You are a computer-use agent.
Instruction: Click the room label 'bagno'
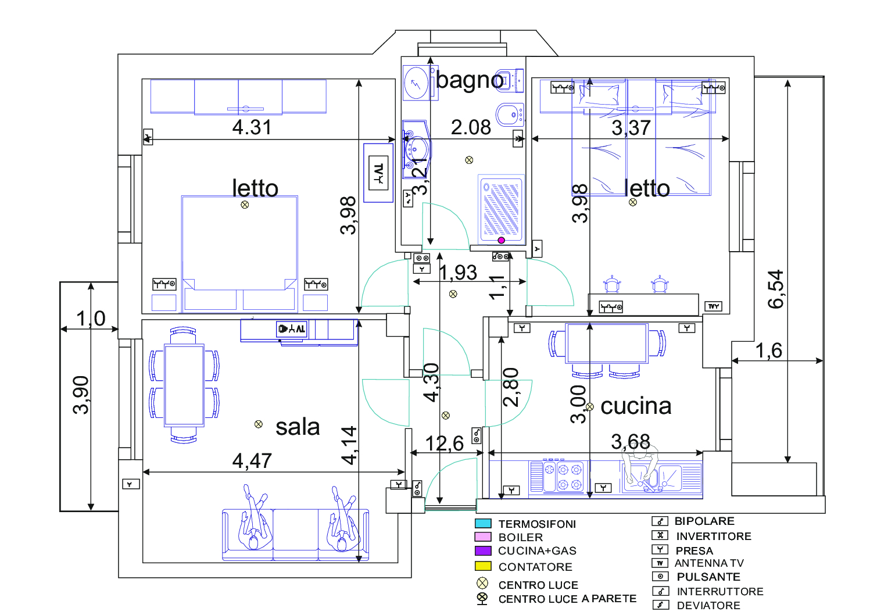click(x=470, y=80)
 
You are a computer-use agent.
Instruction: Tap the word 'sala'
click(x=298, y=427)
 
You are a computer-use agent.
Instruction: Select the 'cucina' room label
click(x=636, y=406)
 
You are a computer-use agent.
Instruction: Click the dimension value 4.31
click(x=252, y=127)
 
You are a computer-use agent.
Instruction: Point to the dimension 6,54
click(x=776, y=289)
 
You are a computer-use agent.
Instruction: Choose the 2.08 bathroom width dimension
click(x=471, y=127)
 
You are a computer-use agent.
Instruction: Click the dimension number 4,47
click(x=252, y=461)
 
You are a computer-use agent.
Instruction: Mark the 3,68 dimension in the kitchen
click(x=631, y=442)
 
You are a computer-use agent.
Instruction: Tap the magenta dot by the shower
click(x=502, y=241)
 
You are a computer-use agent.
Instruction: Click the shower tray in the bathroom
click(x=501, y=208)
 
